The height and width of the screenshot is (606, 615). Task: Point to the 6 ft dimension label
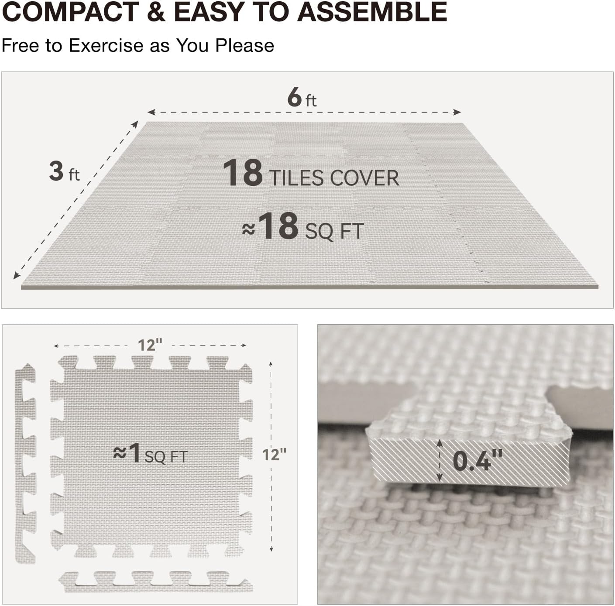(x=302, y=97)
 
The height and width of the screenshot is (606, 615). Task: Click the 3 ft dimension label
(x=64, y=171)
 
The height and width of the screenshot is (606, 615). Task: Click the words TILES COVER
(x=334, y=178)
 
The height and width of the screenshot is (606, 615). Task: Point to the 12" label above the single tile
(x=150, y=345)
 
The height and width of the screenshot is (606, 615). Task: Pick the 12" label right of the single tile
(x=274, y=455)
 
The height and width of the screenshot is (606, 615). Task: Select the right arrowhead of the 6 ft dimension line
(x=457, y=112)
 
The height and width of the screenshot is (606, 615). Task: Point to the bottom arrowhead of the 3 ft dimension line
(x=16, y=275)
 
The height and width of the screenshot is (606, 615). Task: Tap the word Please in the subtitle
(x=244, y=45)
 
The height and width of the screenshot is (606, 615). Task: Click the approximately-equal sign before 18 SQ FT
(x=249, y=229)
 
